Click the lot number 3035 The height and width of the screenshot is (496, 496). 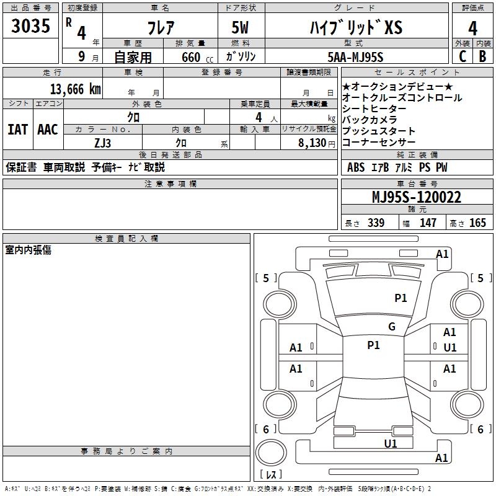point(30,26)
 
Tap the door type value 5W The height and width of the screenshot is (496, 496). point(241,28)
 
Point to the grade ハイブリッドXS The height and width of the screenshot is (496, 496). point(356,28)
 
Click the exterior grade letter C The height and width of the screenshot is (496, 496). point(462,56)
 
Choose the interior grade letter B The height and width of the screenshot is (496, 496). point(483,56)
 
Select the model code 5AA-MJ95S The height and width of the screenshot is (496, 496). point(356,58)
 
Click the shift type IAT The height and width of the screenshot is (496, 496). point(17,130)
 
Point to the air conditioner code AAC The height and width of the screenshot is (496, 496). point(48,130)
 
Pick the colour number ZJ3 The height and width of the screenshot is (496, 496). point(103,143)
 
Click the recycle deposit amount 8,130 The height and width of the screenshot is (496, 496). point(312,143)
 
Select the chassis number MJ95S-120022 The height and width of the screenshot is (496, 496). point(416,197)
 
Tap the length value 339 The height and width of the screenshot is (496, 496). point(375,223)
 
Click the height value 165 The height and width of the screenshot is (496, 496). point(477,223)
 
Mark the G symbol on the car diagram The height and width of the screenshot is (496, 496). point(391,327)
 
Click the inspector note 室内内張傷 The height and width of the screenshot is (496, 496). point(28,250)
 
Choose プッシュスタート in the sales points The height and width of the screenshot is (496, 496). point(379,131)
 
